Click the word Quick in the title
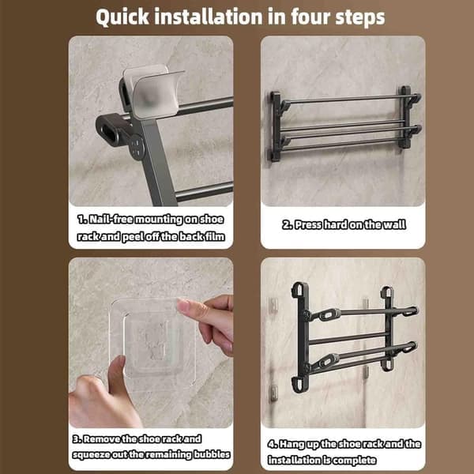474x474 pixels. click(x=122, y=17)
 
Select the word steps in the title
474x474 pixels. click(x=360, y=18)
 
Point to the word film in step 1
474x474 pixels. click(x=215, y=236)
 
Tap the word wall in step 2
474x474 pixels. click(x=394, y=224)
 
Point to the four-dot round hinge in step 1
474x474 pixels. click(x=137, y=146)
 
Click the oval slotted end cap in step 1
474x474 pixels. click(x=110, y=130)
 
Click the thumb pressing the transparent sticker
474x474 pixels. click(x=116, y=376)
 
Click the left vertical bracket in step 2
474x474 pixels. click(x=275, y=127)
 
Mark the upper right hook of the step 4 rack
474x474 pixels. click(x=408, y=311)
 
